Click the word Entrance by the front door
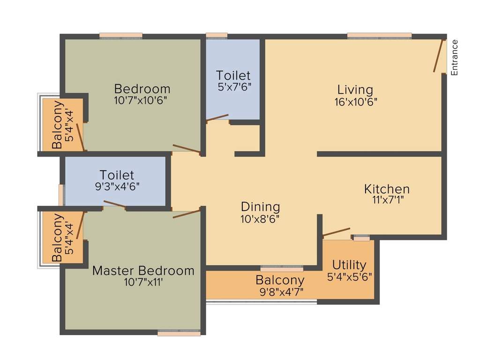point(454,58)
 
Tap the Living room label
point(355,89)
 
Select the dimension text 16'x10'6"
point(356,101)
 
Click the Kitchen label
point(387,189)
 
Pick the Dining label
point(260,207)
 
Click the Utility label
point(349,265)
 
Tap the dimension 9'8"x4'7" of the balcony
point(280,292)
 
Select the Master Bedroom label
point(143,270)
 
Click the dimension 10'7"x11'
point(143,282)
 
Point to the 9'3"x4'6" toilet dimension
point(117,186)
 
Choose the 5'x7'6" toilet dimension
point(233,86)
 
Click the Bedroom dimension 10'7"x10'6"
point(141,100)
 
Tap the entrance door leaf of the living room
point(438,56)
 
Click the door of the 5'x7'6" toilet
point(217,118)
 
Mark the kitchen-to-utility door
point(336,232)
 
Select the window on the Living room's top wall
point(379,36)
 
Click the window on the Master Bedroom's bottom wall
point(179,333)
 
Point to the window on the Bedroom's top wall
point(120,36)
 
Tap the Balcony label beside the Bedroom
point(57,125)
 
